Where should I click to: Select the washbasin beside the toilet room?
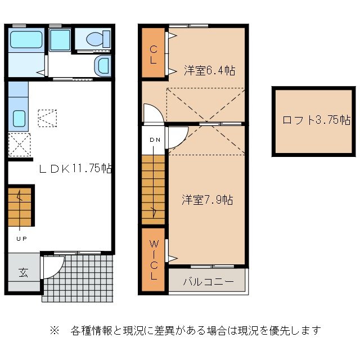click(x=102, y=66)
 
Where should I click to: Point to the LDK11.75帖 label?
click(x=74, y=168)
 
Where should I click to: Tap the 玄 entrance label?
click(x=24, y=273)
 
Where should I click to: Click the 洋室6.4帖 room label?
click(x=209, y=70)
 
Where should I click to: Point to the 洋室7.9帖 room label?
click(x=207, y=200)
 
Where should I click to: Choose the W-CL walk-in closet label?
click(x=152, y=260)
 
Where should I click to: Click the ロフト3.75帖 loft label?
click(x=316, y=120)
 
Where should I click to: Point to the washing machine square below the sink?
click(x=19, y=145)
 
